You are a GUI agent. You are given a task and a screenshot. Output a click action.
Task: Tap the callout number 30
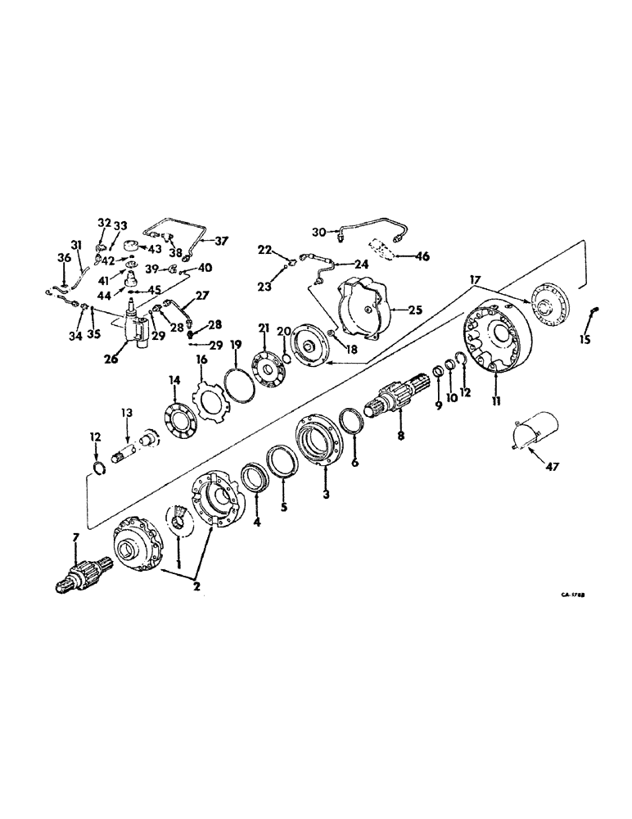click(x=319, y=231)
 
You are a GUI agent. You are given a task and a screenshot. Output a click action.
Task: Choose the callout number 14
click(x=173, y=380)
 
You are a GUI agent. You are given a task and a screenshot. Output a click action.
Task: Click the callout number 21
click(x=263, y=328)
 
